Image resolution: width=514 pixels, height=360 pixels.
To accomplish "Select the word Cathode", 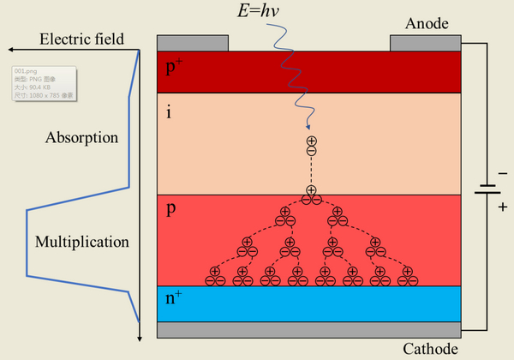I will click(x=431, y=349).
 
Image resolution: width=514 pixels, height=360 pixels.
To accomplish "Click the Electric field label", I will click(x=82, y=39).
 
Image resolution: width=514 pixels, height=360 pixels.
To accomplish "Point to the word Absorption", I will click(x=81, y=137).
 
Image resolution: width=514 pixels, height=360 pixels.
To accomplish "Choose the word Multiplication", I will click(x=82, y=242).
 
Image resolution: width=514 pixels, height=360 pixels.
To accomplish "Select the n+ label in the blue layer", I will click(x=174, y=299).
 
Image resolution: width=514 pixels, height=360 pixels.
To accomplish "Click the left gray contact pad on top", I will click(x=193, y=43).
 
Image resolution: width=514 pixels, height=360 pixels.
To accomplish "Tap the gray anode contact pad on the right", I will click(x=425, y=43).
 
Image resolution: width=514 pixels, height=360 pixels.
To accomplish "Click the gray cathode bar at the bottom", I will click(x=309, y=330).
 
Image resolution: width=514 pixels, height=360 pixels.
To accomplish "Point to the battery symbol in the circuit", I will click(x=489, y=189).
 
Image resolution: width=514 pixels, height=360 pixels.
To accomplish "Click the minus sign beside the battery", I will click(x=502, y=173).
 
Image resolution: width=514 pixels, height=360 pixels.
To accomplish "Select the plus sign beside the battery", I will click(x=502, y=207).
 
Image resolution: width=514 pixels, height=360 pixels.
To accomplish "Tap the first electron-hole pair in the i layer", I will click(x=311, y=146).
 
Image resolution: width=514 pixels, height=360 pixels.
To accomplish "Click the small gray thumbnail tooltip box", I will click(x=44, y=83).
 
